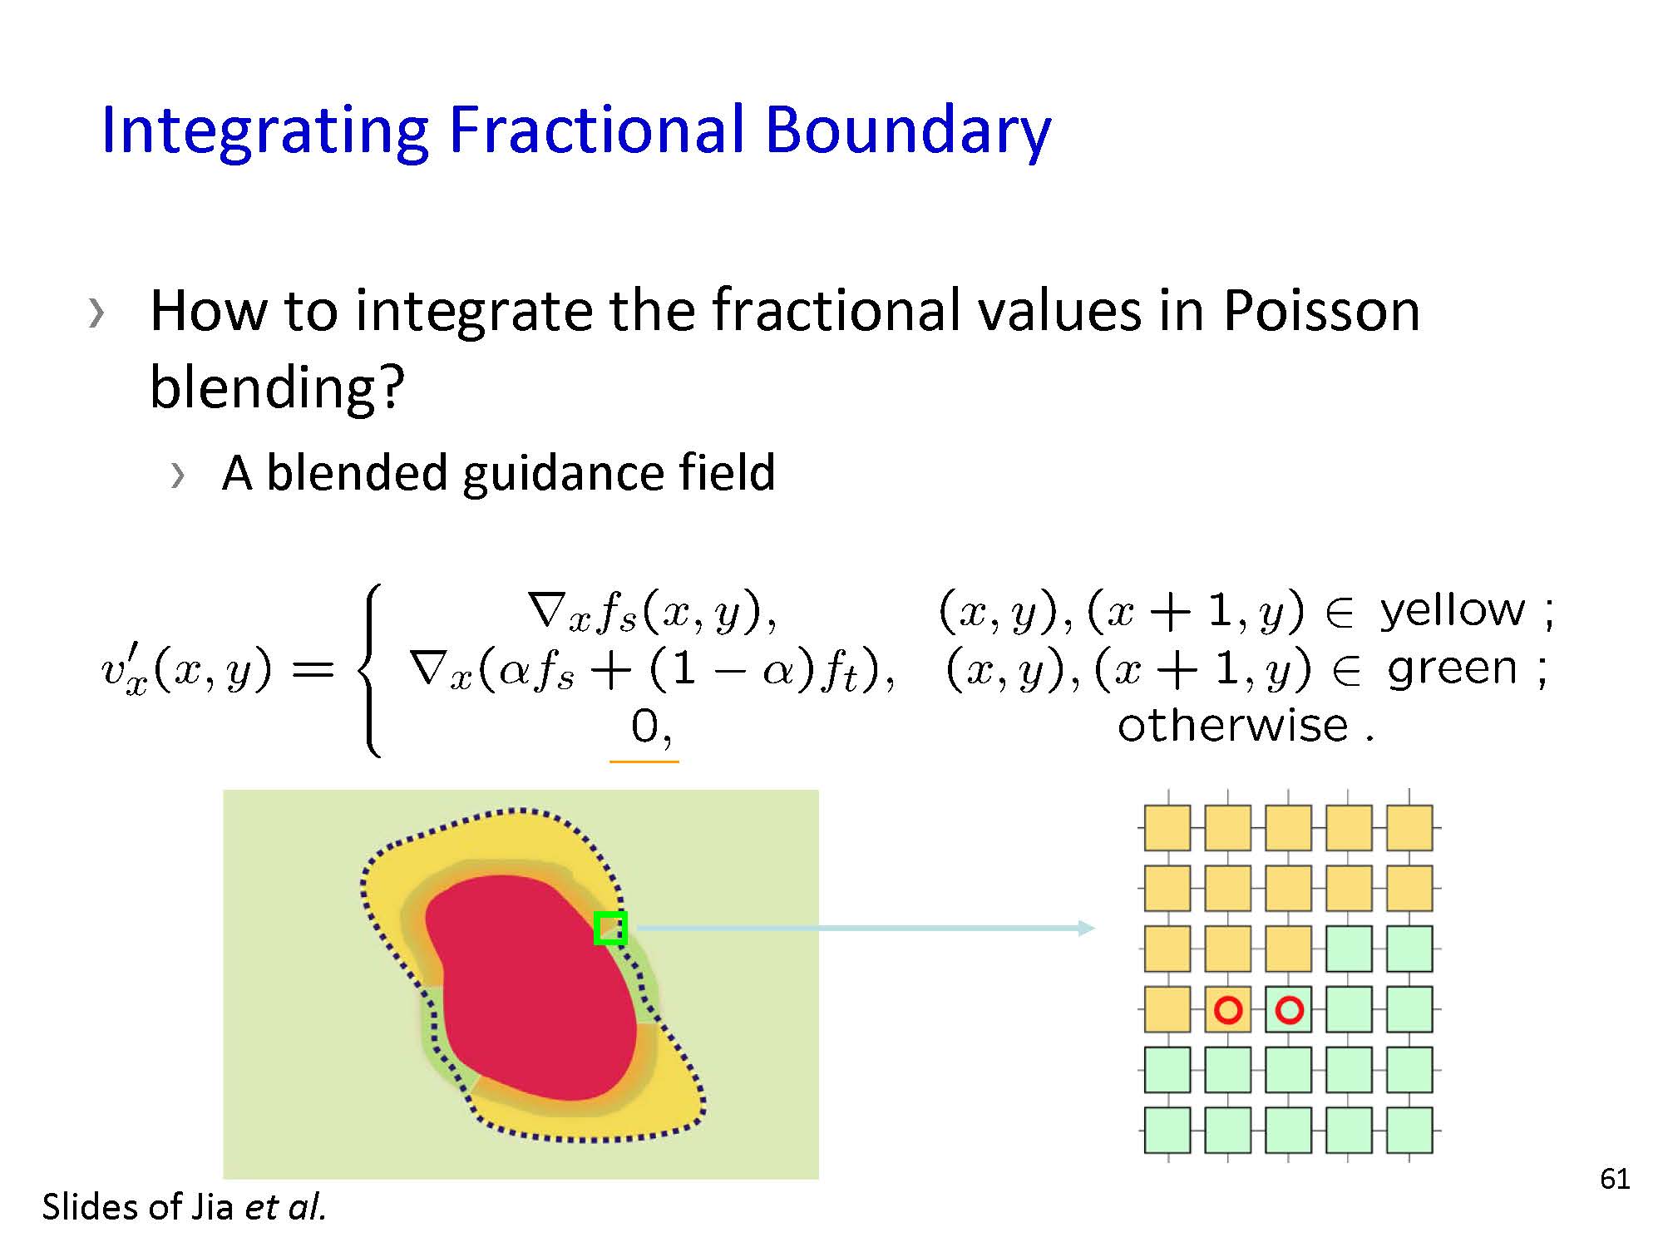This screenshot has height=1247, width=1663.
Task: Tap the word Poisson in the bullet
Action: (1321, 310)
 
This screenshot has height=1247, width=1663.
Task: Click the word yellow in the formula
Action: (1452, 611)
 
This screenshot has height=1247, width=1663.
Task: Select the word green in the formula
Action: (1451, 669)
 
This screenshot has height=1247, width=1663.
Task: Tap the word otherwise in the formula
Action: (1232, 725)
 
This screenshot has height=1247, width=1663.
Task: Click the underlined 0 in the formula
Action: (644, 727)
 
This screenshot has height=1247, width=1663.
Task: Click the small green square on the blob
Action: (610, 928)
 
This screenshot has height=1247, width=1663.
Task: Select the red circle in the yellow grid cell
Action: (1228, 1010)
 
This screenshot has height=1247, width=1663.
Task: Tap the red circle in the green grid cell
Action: (1289, 1010)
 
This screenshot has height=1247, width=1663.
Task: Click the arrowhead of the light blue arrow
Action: (1087, 928)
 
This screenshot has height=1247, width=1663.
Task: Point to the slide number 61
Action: (1615, 1179)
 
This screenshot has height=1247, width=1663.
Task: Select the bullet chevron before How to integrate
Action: (96, 313)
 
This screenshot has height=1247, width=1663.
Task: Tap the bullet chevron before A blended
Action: (177, 476)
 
